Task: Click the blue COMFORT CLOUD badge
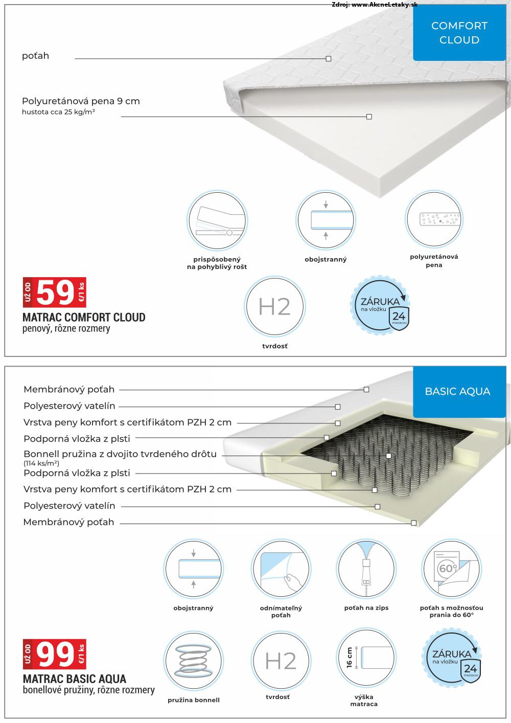(x=459, y=33)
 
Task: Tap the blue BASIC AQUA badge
(x=457, y=392)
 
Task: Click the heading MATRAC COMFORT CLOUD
(x=84, y=318)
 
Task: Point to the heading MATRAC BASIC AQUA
(x=75, y=679)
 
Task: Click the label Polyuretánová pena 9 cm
(x=81, y=101)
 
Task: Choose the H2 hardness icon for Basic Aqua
(x=281, y=661)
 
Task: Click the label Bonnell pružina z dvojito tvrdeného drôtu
(x=120, y=454)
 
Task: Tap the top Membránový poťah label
(x=69, y=390)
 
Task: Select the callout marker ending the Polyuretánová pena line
(x=369, y=117)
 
